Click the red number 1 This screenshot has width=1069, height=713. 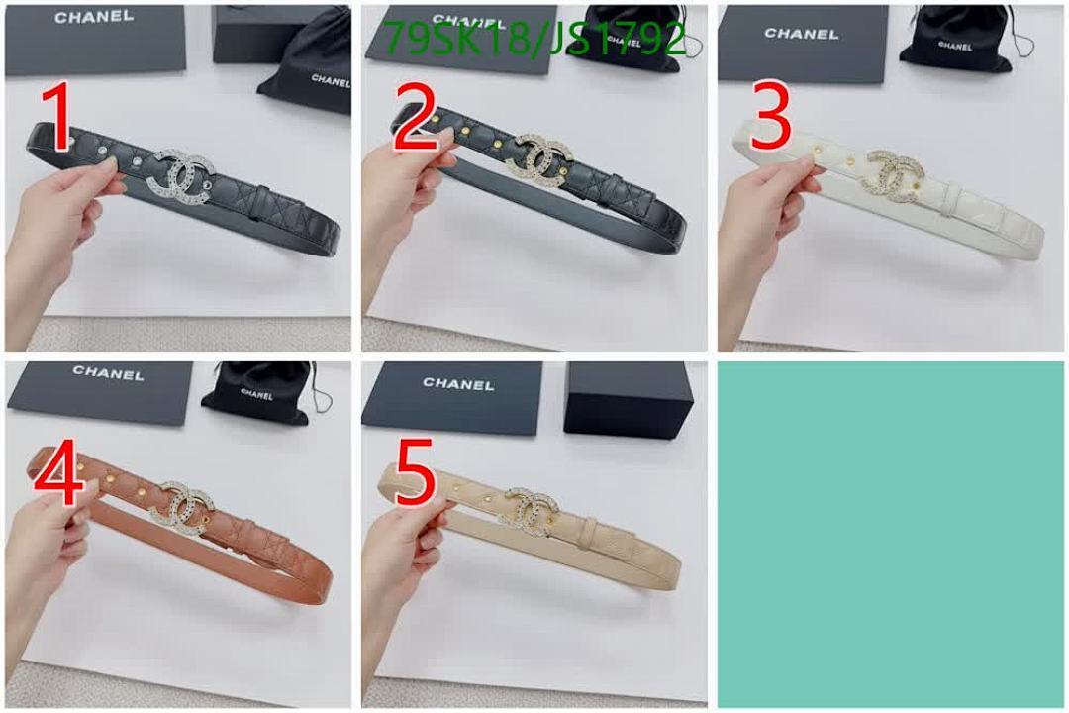pos(58,119)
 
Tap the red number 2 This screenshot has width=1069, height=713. pos(415,118)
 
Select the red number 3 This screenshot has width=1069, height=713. pos(771,118)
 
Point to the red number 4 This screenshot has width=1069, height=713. pos(58,476)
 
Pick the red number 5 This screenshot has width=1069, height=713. pos(415,476)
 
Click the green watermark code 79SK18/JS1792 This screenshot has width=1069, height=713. pos(534,40)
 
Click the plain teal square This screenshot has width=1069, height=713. pos(891,533)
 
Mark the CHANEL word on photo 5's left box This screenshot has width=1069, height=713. pos(458,383)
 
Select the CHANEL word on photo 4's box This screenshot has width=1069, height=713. pos(107,374)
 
